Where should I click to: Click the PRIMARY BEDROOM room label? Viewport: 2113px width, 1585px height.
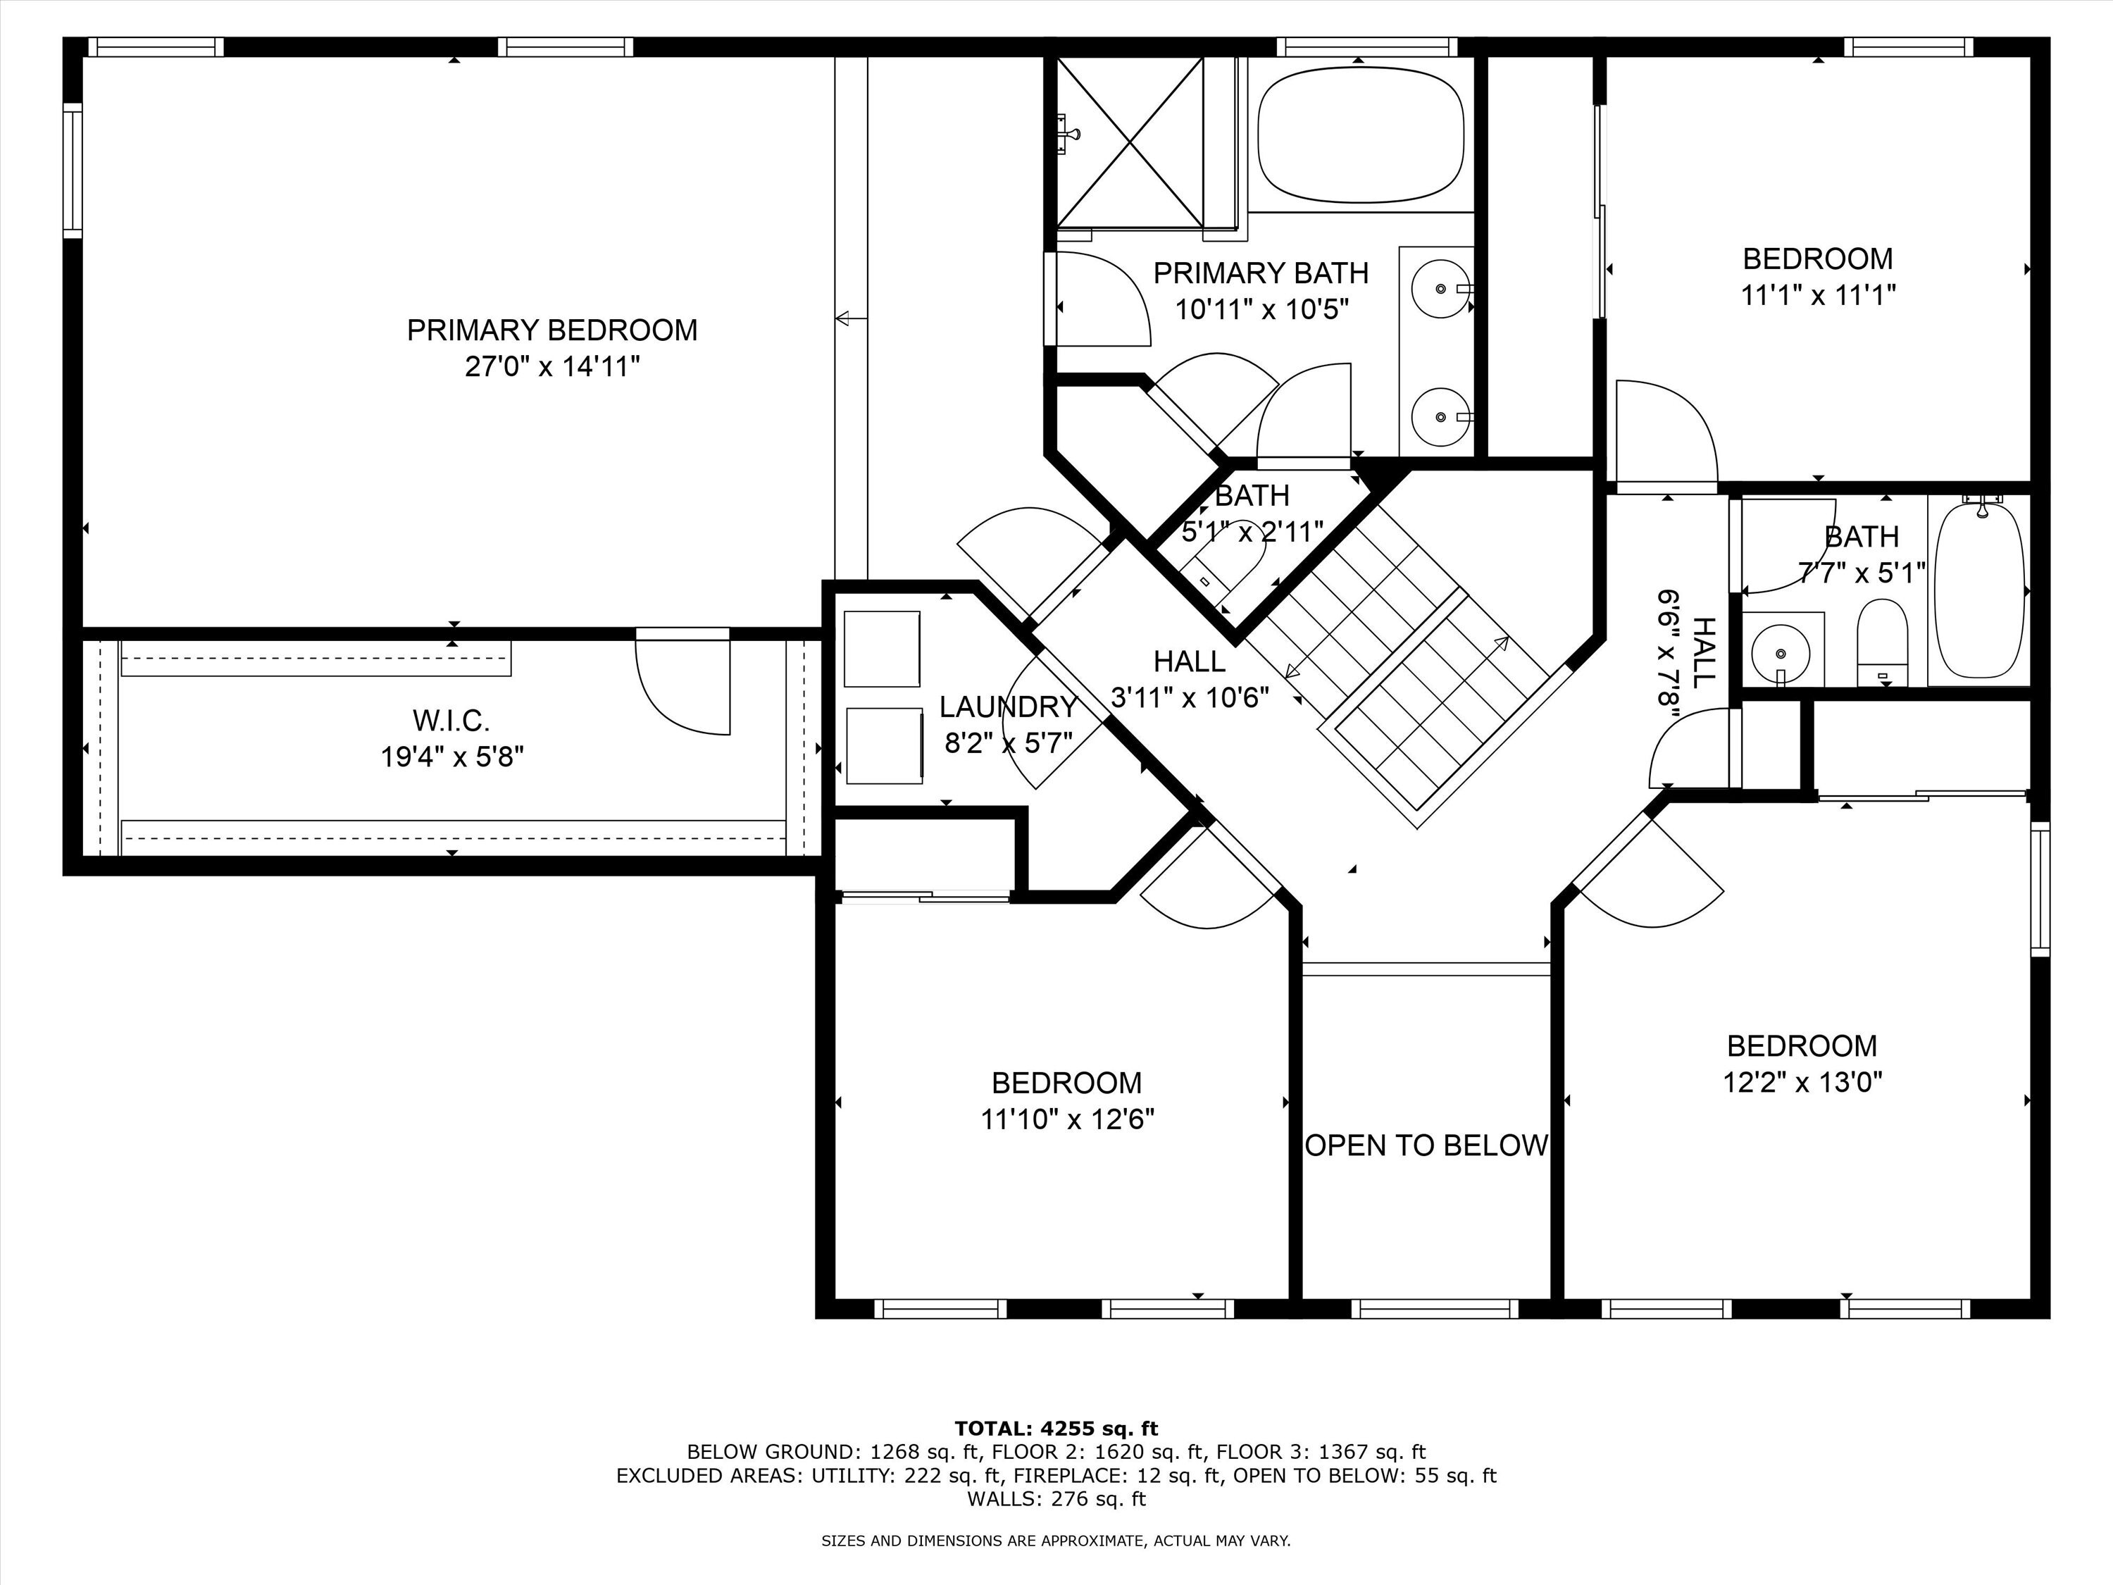pyautogui.click(x=552, y=330)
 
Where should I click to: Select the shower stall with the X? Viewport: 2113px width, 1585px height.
pyautogui.click(x=1129, y=143)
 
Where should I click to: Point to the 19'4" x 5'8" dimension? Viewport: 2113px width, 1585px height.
pyautogui.click(x=452, y=757)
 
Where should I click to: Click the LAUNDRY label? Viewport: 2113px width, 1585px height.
pyautogui.click(x=1008, y=707)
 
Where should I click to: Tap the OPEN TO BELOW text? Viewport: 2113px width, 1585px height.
pyautogui.click(x=1426, y=1145)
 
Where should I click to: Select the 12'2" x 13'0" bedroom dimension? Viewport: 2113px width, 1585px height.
pyautogui.click(x=1802, y=1083)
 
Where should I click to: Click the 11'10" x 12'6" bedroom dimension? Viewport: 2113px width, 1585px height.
pyautogui.click(x=1067, y=1119)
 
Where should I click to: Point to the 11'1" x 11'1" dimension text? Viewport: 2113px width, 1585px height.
pyautogui.click(x=1818, y=295)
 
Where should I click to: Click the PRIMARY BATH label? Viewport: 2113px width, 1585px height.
pyautogui.click(x=1261, y=273)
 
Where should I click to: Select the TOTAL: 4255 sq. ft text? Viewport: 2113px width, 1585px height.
pyautogui.click(x=1056, y=1429)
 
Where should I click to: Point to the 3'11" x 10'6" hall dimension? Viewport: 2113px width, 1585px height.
pyautogui.click(x=1190, y=697)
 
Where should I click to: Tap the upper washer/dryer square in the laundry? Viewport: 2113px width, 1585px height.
pyautogui.click(x=883, y=649)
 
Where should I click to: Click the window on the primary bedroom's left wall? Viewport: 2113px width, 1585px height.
pyautogui.click(x=73, y=170)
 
